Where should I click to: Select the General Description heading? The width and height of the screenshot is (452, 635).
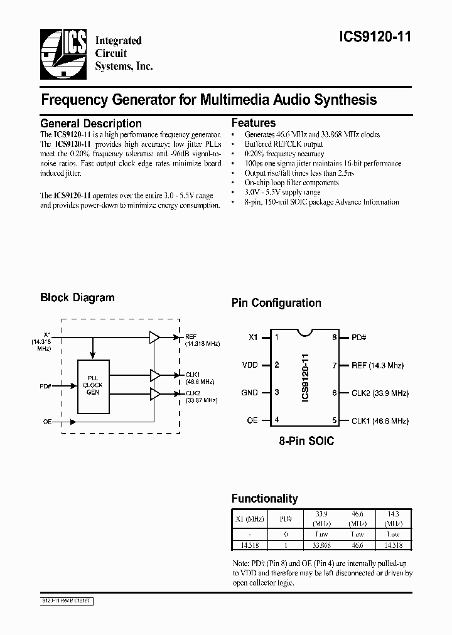(91, 124)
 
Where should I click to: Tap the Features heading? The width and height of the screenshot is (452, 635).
(254, 123)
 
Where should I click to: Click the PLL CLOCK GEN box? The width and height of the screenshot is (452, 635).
(93, 384)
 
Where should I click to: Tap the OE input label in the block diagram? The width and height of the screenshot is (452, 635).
(47, 422)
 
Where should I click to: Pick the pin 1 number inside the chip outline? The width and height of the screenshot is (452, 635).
(277, 337)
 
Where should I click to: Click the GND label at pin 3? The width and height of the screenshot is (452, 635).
(250, 393)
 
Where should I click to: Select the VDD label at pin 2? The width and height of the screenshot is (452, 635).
(250, 365)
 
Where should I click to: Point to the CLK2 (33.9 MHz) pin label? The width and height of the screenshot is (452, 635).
(380, 393)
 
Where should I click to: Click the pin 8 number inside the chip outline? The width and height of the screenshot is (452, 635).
(335, 337)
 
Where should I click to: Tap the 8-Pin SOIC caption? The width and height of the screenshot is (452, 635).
(306, 441)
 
